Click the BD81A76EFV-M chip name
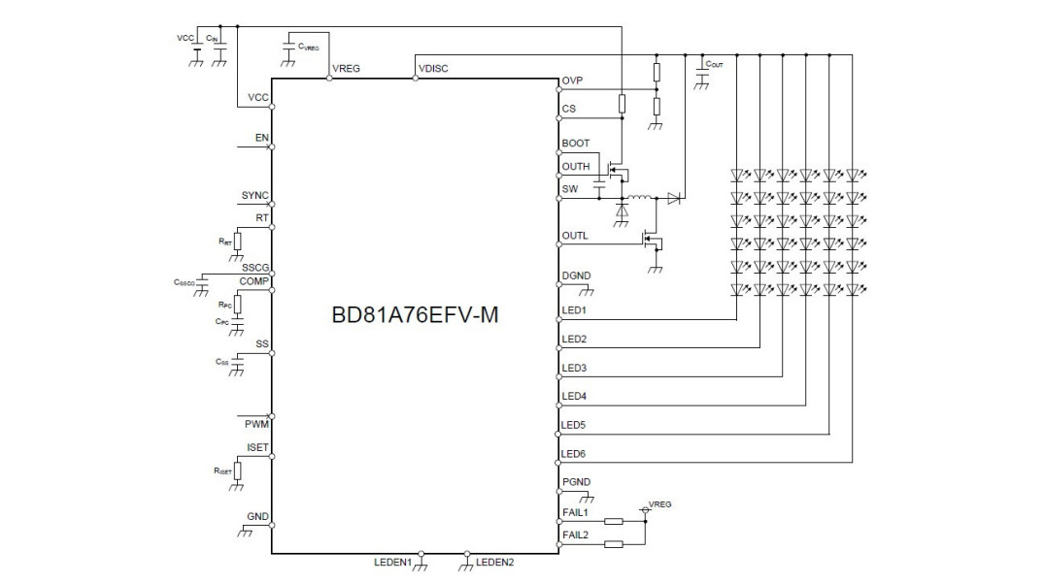[415, 316]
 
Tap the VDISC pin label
[432, 69]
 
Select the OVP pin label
[572, 81]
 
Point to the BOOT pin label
[575, 144]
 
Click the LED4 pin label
[574, 396]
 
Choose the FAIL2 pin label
[575, 534]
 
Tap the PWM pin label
[256, 424]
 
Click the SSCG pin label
[255, 267]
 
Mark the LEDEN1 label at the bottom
[393, 563]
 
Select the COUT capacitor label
[715, 64]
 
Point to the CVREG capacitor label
[310, 46]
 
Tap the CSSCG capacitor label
[185, 282]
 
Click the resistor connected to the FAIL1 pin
[613, 521]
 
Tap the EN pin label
[261, 138]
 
